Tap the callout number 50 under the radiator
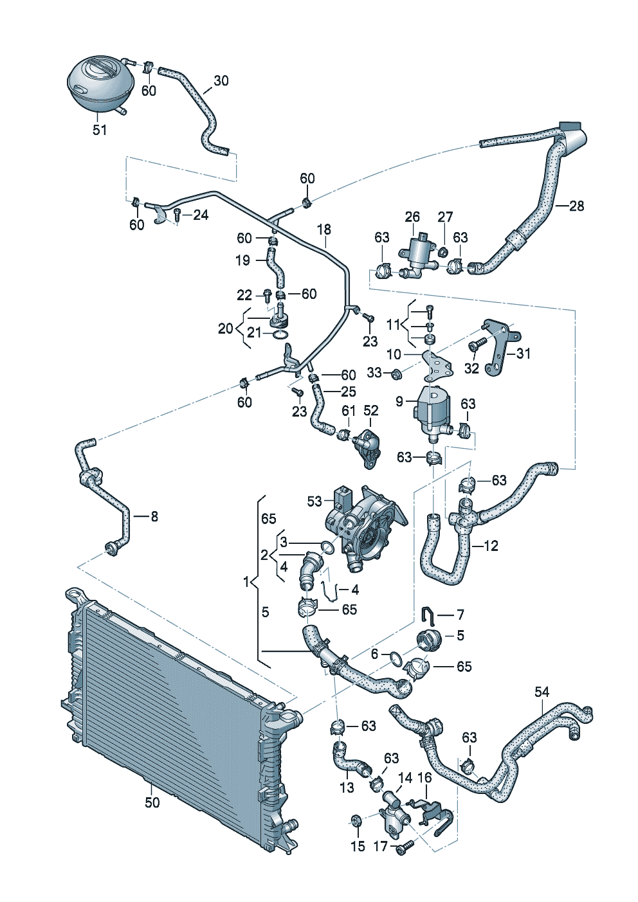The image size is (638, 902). (152, 802)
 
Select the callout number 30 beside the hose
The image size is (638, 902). (221, 81)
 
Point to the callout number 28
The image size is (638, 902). (577, 206)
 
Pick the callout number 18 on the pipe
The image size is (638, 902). (324, 230)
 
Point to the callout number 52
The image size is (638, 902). (371, 410)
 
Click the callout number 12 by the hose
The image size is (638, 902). (491, 546)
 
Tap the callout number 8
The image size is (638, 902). (154, 516)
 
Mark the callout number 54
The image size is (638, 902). (542, 692)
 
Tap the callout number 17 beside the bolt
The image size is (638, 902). (381, 846)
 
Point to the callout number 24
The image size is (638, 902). (201, 215)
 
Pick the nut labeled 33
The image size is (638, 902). (396, 372)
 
